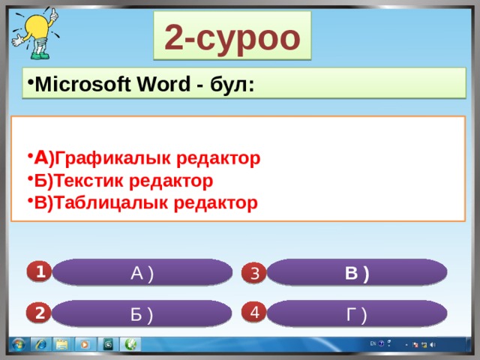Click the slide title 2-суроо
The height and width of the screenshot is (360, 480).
pyautogui.click(x=232, y=38)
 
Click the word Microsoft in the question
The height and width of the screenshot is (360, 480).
pyautogui.click(x=82, y=84)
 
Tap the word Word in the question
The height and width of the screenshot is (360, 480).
pyautogui.click(x=163, y=84)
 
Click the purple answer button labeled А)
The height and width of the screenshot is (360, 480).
pyautogui.click(x=142, y=272)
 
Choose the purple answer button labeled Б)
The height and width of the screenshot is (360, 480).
pyautogui.click(x=142, y=313)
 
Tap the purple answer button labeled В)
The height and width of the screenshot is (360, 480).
pyautogui.click(x=357, y=272)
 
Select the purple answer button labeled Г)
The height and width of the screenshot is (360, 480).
pyautogui.click(x=357, y=313)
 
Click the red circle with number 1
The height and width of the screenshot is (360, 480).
pyautogui.click(x=40, y=271)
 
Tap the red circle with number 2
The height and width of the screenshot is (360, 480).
pyautogui.click(x=39, y=313)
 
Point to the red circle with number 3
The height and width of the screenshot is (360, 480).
pyautogui.click(x=254, y=272)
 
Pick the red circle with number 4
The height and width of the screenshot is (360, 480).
pyautogui.click(x=254, y=312)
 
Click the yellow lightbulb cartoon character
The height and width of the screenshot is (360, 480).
pyautogui.click(x=36, y=33)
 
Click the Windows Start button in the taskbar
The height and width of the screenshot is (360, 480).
pyautogui.click(x=18, y=344)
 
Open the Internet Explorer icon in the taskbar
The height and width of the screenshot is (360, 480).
pyautogui.click(x=40, y=345)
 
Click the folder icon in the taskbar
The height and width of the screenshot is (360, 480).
pyautogui.click(x=61, y=345)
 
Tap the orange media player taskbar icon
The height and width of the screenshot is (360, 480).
pyautogui.click(x=85, y=345)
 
